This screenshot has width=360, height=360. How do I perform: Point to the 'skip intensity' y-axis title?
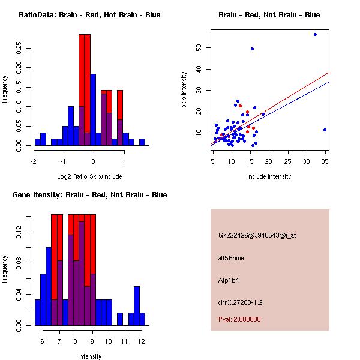(185, 90)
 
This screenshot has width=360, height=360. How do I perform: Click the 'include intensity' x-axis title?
(269, 176)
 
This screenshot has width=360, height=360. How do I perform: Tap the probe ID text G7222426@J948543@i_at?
(257, 235)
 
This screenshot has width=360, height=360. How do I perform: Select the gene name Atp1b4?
(229, 280)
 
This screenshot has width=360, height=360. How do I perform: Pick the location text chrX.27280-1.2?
(240, 302)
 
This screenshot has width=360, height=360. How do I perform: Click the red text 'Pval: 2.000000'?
(239, 319)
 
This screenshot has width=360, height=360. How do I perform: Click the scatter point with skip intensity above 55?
(315, 35)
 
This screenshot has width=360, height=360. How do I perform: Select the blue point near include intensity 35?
(325, 130)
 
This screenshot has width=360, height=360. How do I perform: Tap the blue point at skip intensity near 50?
(252, 49)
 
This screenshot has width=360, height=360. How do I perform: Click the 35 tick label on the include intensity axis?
(325, 161)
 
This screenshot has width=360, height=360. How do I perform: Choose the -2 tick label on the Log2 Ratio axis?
(34, 161)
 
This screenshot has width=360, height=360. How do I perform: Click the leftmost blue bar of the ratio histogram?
(38, 142)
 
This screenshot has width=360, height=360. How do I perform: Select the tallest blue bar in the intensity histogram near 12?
(137, 306)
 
